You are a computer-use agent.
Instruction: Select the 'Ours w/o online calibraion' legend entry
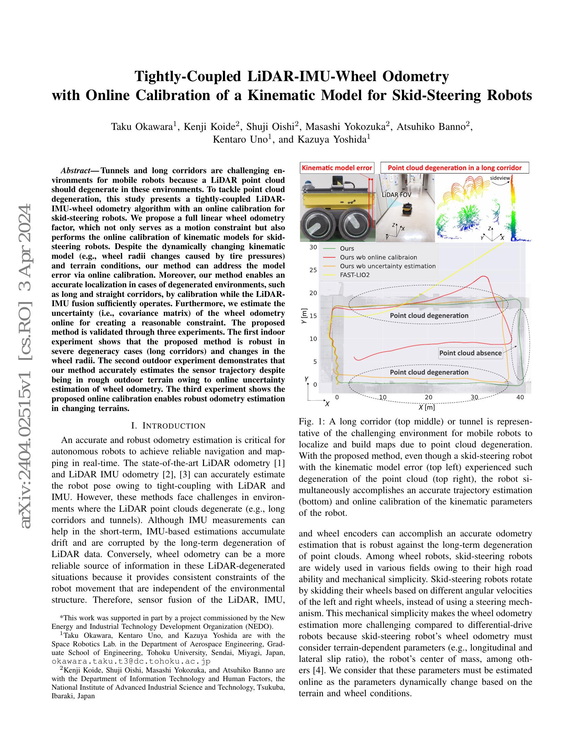coord(378,257)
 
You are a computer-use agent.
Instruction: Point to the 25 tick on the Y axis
coord(313,270)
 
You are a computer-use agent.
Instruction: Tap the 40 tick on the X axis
coord(520,397)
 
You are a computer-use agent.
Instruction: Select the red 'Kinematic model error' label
coord(337,168)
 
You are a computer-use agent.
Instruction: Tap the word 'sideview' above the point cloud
coord(500,178)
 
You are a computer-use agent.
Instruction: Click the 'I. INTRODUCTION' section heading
coord(168,425)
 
